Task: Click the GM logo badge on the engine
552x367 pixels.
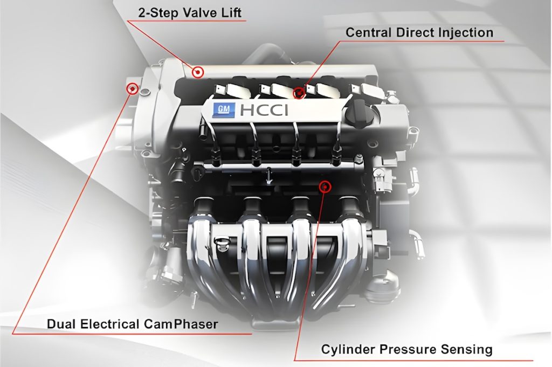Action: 222,110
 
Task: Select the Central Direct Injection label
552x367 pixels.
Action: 419,32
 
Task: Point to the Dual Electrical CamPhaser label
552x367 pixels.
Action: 132,324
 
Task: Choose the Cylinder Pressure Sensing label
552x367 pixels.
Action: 406,349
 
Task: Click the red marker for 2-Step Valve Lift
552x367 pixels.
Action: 198,72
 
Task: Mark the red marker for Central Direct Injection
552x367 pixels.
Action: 299,93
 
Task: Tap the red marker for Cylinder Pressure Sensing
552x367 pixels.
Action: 325,186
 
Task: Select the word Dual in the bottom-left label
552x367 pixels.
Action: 59,324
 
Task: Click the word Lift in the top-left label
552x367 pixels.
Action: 230,11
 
